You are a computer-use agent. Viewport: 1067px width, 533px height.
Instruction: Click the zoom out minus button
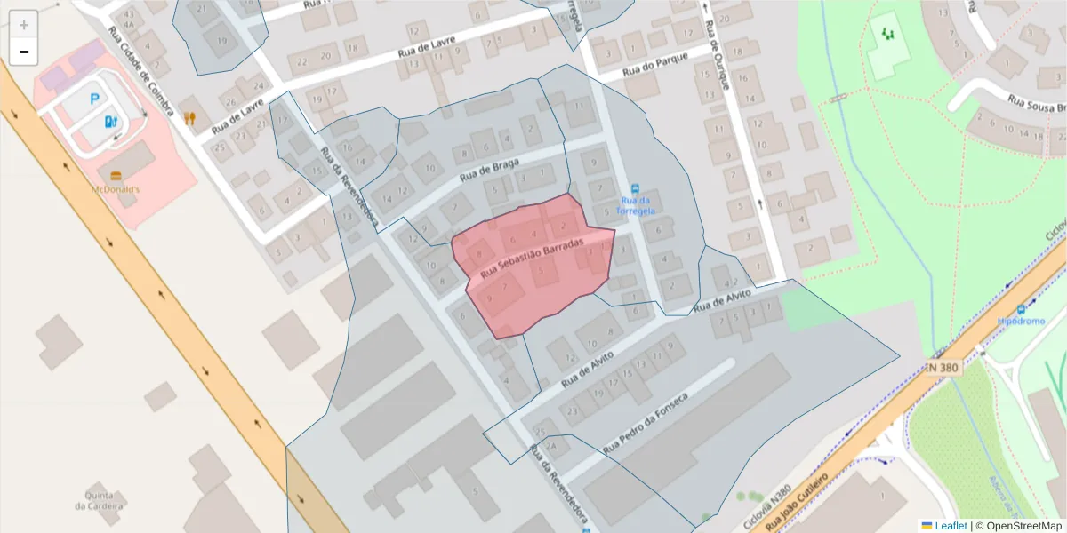[24, 52]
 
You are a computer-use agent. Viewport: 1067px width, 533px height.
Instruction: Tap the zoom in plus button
[24, 25]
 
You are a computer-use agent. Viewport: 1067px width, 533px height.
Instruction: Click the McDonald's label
[116, 189]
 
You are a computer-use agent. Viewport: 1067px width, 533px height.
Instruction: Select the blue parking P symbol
[94, 102]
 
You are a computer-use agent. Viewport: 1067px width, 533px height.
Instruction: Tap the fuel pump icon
[110, 121]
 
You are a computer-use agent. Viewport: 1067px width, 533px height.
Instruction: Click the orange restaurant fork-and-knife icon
[189, 117]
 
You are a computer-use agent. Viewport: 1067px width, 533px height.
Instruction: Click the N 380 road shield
[943, 367]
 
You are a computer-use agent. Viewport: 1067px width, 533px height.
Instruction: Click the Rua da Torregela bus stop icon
[635, 188]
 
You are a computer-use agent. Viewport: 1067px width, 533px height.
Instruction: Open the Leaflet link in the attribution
[944, 526]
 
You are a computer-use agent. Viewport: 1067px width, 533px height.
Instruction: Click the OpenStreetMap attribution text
[1019, 526]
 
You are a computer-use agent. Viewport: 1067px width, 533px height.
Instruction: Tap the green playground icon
[886, 34]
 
